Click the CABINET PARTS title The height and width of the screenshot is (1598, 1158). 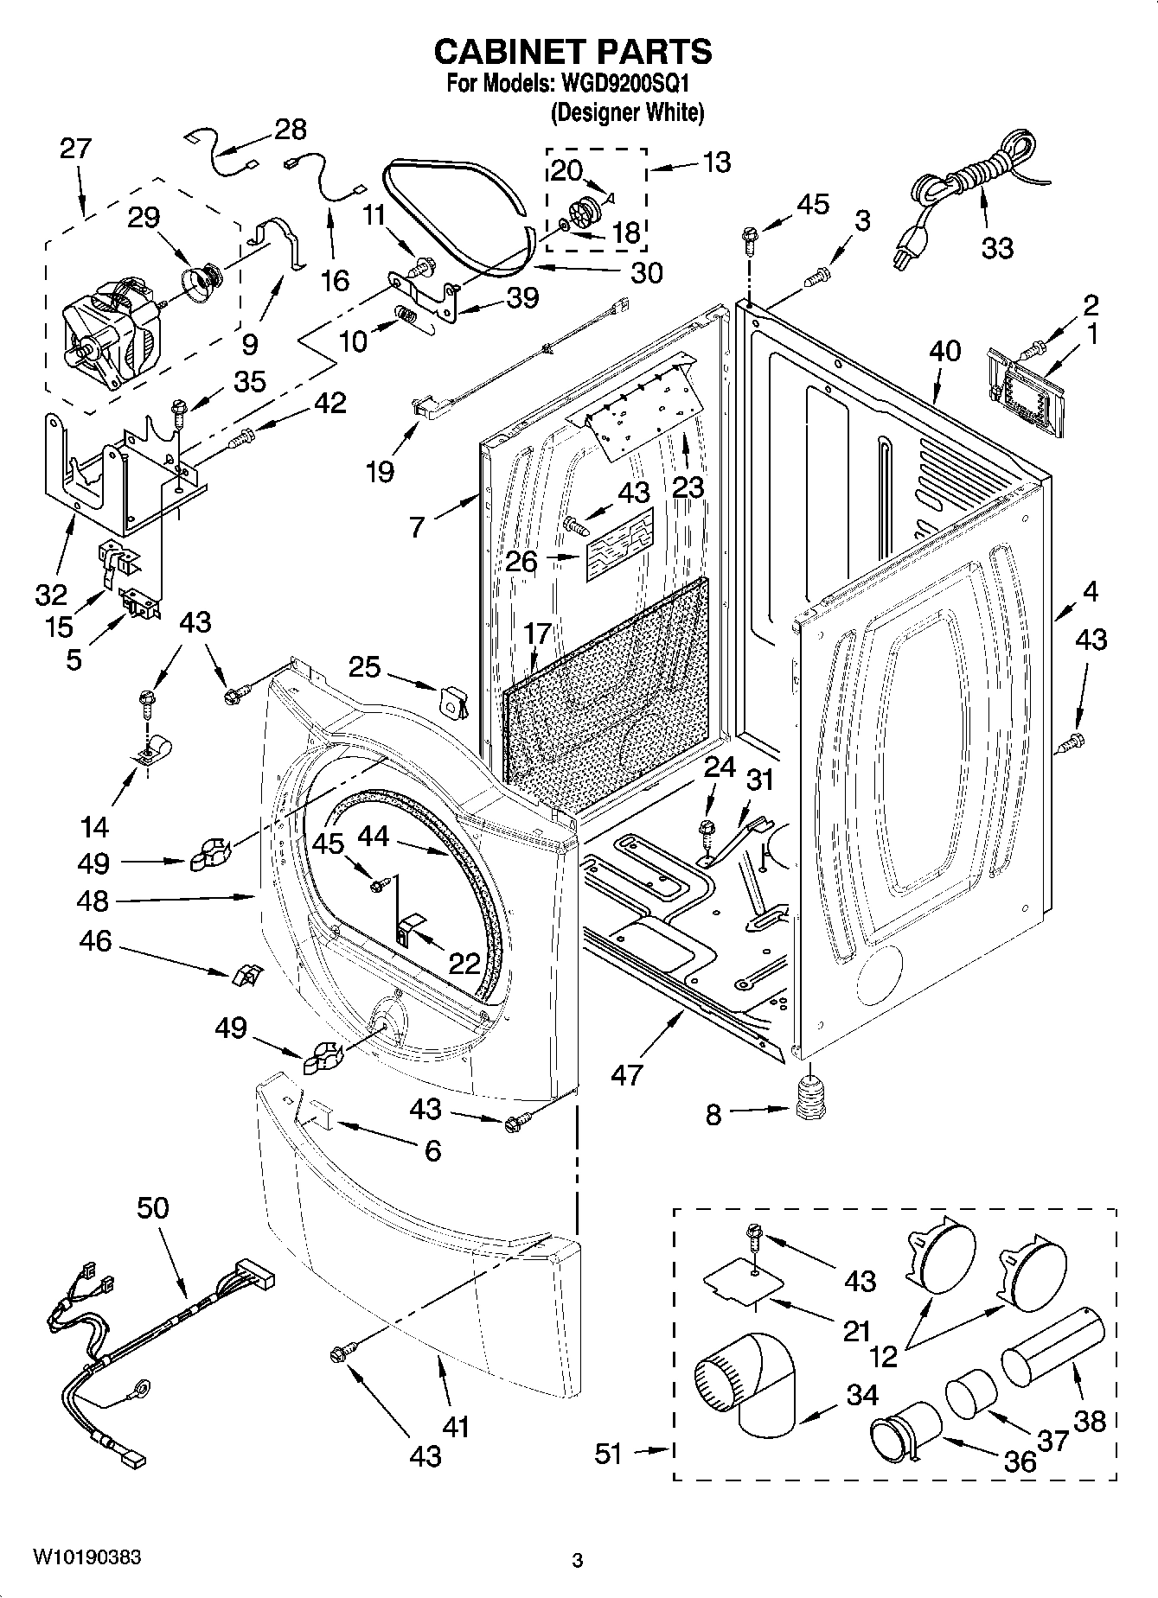pyautogui.click(x=573, y=52)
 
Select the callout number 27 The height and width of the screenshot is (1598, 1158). pyautogui.click(x=75, y=149)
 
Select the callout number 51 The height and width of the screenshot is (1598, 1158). pyautogui.click(x=608, y=1454)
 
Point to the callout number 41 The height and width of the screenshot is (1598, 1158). pyautogui.click(x=456, y=1427)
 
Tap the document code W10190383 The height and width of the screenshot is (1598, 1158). pyautogui.click(x=86, y=1558)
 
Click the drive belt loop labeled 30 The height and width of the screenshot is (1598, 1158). pyautogui.click(x=458, y=216)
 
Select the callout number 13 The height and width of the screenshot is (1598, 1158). pyautogui.click(x=717, y=162)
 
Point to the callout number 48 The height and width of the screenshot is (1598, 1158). pyautogui.click(x=93, y=901)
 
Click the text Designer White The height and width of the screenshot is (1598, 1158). pyautogui.click(x=627, y=112)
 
